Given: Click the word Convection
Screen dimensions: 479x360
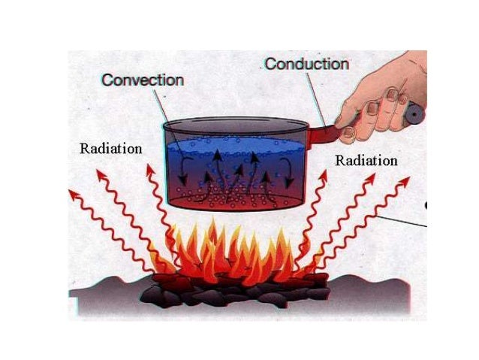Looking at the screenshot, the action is [x=143, y=79].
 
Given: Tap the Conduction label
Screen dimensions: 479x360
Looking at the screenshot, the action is [x=306, y=65].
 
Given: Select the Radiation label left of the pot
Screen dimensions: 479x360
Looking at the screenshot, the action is [x=110, y=148].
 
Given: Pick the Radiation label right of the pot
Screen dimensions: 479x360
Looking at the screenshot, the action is [x=366, y=160].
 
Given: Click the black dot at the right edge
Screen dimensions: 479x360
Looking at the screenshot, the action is [x=426, y=204].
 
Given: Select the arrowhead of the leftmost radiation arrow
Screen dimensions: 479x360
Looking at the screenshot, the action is [x=73, y=194].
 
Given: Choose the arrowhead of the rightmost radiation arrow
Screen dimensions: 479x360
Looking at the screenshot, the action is [x=405, y=182].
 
